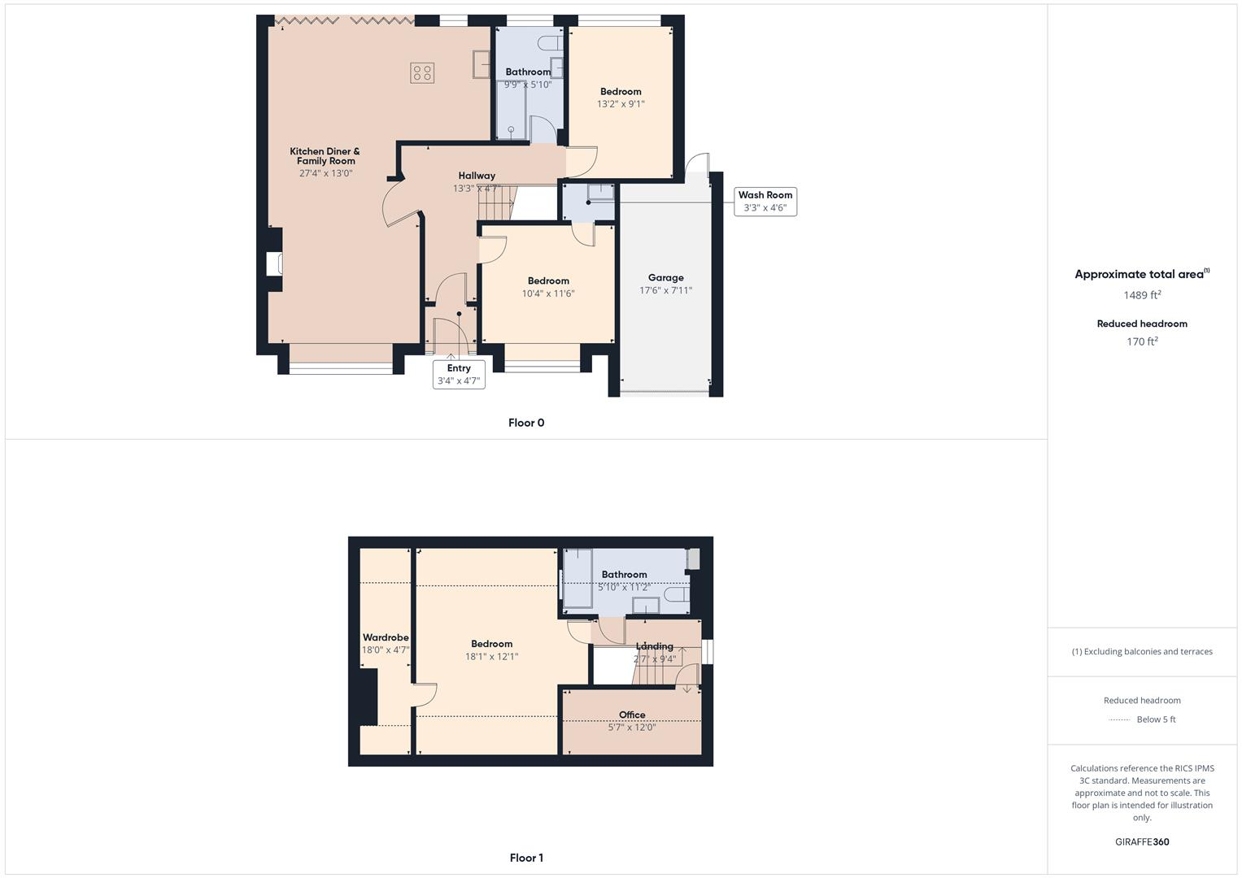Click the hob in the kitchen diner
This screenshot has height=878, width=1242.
(422, 73)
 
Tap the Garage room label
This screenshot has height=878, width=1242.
(665, 278)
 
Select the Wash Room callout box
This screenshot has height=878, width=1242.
(765, 201)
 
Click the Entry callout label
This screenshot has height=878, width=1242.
(459, 368)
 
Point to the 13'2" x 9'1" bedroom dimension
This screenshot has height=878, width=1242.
(621, 104)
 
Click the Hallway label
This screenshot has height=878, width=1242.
(477, 176)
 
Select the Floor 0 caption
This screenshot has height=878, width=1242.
(526, 423)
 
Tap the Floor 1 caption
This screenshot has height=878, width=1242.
(526, 858)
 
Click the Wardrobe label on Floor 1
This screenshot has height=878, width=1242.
(386, 637)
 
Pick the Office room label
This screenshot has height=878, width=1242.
(632, 715)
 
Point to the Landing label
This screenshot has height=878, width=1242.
(655, 646)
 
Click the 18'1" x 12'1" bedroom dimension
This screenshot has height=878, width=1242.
(491, 657)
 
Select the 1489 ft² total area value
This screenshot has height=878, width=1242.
(1142, 295)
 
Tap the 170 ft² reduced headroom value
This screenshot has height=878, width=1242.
(1142, 341)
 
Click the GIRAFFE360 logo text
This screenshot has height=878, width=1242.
(1142, 842)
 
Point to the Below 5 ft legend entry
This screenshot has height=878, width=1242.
(1156, 719)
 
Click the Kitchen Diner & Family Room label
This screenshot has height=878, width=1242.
(325, 156)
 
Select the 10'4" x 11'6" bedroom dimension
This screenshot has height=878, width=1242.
(548, 293)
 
